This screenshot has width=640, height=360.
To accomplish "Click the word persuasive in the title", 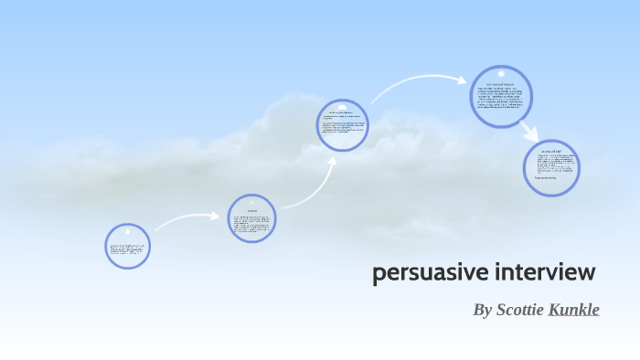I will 429,273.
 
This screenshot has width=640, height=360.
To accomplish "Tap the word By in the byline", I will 482,310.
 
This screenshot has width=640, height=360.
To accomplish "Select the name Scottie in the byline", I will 519,310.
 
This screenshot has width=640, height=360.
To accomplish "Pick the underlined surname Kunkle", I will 573,310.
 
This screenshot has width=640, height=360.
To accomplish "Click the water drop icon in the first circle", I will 128,233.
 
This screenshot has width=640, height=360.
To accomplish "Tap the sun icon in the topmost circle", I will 501,74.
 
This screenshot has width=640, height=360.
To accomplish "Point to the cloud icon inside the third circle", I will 343,106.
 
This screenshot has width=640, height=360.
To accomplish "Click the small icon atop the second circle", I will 251,203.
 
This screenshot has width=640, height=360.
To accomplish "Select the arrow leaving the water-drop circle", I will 188,219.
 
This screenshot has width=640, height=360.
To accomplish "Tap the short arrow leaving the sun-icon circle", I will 529,131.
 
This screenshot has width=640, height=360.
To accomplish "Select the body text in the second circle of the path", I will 251,224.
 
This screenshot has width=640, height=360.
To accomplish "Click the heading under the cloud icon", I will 343,113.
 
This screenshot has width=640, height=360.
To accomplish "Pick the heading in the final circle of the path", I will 552,149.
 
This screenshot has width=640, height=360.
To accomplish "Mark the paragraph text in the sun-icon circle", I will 502,100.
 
